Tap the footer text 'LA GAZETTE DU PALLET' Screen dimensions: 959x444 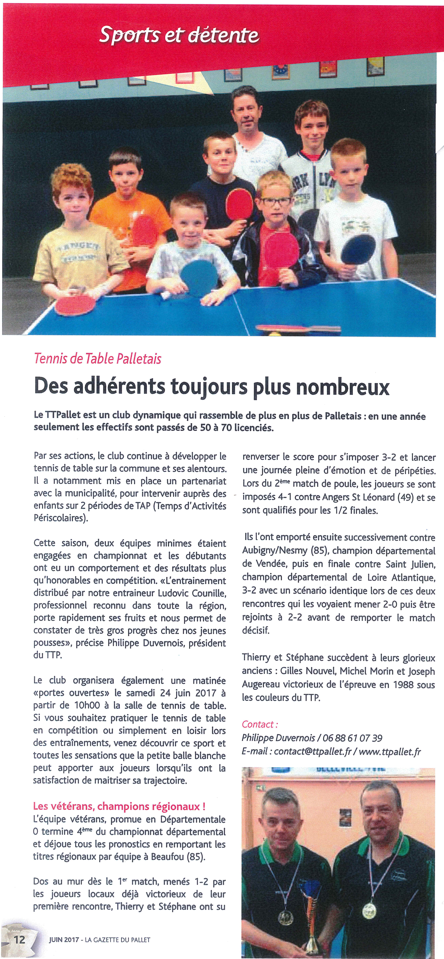[118, 940]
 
